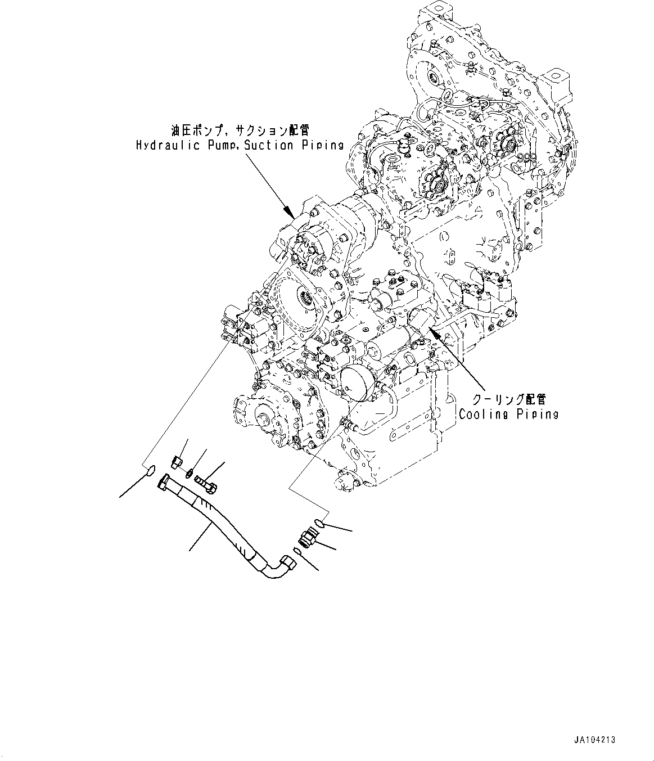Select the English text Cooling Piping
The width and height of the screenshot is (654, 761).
(508, 415)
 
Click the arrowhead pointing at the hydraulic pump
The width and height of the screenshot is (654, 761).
(289, 213)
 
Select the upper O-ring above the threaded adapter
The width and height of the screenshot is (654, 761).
(319, 523)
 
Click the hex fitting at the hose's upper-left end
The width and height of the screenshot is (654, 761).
(164, 483)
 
